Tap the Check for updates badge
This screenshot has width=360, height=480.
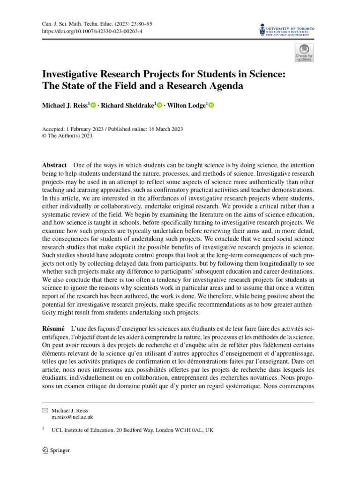point(304,52)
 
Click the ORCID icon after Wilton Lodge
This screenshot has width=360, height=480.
point(211,106)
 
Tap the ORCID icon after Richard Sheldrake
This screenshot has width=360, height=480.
point(159,106)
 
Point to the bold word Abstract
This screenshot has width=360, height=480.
point(54,165)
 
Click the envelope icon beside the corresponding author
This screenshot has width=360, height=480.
point(45,410)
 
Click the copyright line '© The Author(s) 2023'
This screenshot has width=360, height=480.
point(67,136)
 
